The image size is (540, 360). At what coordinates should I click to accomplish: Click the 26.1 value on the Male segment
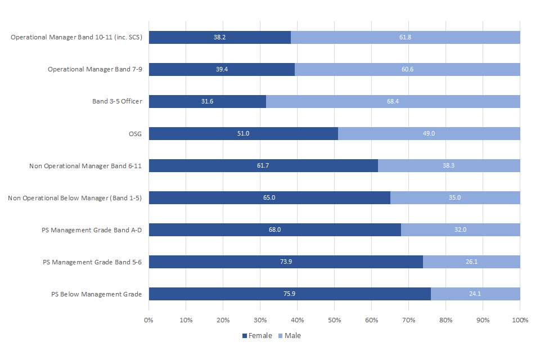[x=471, y=262]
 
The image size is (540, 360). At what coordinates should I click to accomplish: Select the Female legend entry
[x=257, y=336]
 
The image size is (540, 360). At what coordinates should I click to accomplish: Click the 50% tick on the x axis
[x=335, y=320]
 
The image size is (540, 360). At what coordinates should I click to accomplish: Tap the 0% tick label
[x=149, y=320]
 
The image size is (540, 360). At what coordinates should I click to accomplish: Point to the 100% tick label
[x=520, y=320]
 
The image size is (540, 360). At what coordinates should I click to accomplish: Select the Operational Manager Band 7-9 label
[x=94, y=69]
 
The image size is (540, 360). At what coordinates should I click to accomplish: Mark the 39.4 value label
[x=222, y=69]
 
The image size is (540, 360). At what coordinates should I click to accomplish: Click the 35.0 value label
[x=455, y=198]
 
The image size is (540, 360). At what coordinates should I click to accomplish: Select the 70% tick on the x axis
[x=409, y=320]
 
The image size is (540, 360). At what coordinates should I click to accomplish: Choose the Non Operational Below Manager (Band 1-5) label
[x=75, y=198]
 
